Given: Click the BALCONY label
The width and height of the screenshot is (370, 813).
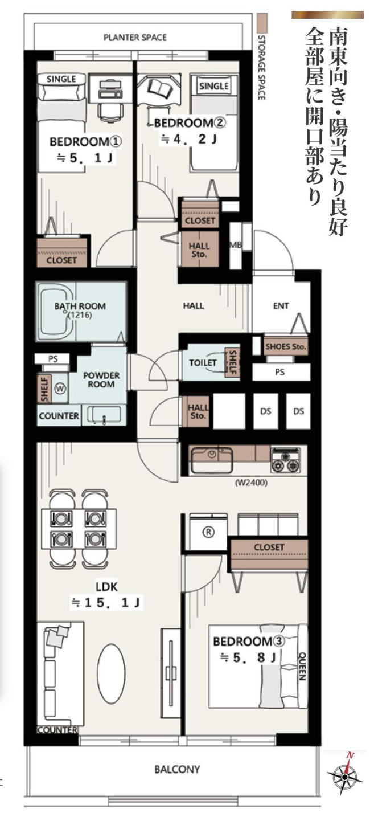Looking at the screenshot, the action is tap(177, 769).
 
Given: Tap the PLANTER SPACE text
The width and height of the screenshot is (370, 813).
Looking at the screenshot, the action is tap(135, 38).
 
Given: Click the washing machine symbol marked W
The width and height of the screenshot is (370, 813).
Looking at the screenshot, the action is tap(60, 389).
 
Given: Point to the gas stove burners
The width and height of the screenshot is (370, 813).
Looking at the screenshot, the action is tap(286, 460).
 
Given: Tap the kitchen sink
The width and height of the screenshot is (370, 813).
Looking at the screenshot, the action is tap(212, 460).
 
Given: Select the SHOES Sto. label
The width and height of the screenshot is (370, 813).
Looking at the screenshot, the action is tap(286, 346).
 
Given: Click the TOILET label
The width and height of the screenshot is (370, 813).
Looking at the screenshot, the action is tap(203, 362).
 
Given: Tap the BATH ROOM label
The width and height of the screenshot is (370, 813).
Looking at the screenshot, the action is tap(80, 307).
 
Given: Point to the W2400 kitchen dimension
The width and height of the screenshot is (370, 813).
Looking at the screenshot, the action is tap(251, 483).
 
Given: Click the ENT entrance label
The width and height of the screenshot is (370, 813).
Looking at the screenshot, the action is tap(281, 306).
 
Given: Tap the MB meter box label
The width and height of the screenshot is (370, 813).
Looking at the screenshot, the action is tap(236, 245).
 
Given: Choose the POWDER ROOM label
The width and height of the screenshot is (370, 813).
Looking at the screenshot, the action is tap(101, 379).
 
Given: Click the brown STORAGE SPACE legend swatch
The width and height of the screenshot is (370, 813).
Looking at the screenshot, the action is tap(261, 23).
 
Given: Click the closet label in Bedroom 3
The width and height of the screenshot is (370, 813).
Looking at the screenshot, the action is tap(269, 547).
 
